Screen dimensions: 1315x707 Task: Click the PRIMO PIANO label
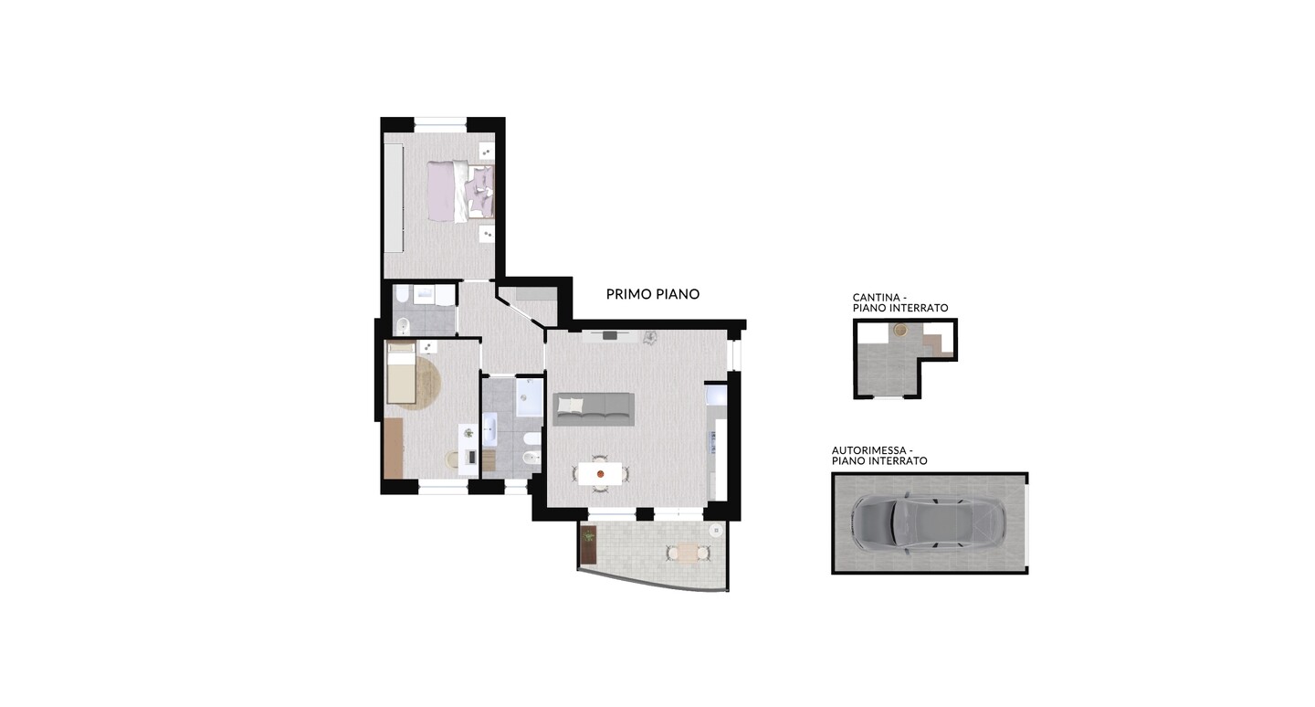(x=653, y=293)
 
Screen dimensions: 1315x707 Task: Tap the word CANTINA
(x=877, y=298)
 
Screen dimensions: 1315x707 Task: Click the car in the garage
(x=928, y=522)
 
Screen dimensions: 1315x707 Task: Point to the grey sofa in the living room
(x=594, y=408)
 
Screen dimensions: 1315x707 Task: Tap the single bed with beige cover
(x=402, y=374)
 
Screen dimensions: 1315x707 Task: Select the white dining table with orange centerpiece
(x=600, y=473)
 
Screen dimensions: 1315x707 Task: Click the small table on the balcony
(x=688, y=553)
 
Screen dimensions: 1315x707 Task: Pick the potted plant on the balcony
(x=588, y=535)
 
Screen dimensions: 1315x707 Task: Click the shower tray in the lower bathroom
(x=530, y=397)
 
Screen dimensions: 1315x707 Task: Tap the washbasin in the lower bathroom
(x=489, y=428)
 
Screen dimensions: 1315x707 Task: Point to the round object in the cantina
(x=900, y=330)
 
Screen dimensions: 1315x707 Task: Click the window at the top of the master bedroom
(x=440, y=124)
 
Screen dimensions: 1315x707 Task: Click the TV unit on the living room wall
(x=611, y=336)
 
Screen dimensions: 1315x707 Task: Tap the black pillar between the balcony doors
(x=645, y=514)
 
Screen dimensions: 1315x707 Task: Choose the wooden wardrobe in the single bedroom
(x=394, y=448)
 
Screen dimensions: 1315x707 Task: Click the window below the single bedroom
(x=443, y=487)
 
